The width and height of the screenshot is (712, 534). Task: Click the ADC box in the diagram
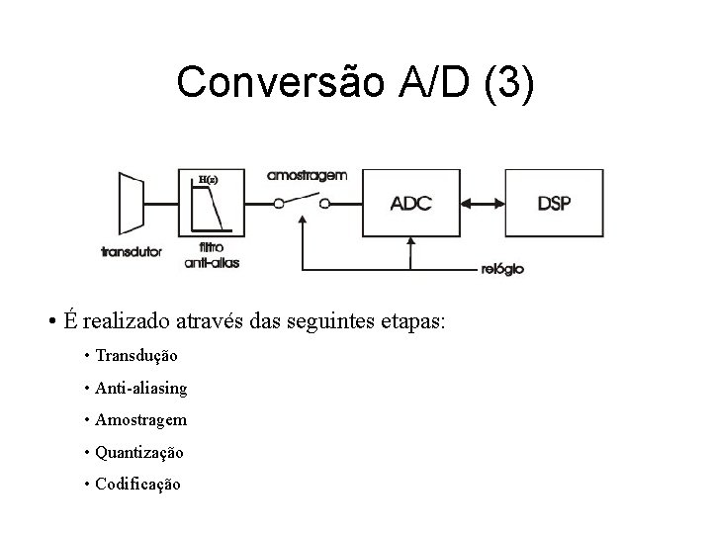(410, 204)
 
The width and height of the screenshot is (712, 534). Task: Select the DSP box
(554, 204)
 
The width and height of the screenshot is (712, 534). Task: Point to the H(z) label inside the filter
(208, 180)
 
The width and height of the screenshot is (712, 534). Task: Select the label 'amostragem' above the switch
(307, 175)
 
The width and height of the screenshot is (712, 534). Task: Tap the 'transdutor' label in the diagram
(132, 251)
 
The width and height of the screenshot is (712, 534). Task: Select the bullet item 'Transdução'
(136, 354)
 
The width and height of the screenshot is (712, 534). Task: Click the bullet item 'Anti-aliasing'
(141, 387)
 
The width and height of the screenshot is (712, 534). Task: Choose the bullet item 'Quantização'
(139, 452)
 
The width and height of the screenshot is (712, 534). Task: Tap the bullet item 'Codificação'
(138, 485)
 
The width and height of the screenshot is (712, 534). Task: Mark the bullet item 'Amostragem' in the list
(141, 419)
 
